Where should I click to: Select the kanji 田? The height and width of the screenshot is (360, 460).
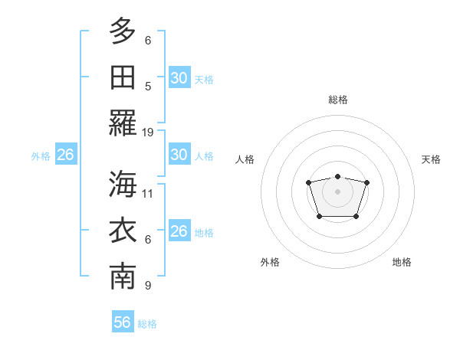(x=123, y=77)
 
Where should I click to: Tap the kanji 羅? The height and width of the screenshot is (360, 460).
(x=123, y=124)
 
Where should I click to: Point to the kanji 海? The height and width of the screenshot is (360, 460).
(x=123, y=185)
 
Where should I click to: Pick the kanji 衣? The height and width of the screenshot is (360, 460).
(x=123, y=231)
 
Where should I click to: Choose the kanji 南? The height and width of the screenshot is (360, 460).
(x=123, y=277)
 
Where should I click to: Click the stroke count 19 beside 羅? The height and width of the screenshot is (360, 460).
(x=148, y=133)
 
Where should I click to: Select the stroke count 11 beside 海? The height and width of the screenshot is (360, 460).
(x=148, y=193)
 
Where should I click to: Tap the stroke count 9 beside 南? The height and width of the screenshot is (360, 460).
(x=148, y=286)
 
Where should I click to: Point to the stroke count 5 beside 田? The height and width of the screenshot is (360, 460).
(x=148, y=86)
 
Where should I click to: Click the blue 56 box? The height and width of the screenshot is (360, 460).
(x=123, y=322)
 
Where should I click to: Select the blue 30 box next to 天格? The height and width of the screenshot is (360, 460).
(x=179, y=78)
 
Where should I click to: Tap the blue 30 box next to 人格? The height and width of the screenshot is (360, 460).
(x=179, y=155)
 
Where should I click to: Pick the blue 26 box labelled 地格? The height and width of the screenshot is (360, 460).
(x=179, y=231)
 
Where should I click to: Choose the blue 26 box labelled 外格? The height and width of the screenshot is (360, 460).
(x=65, y=155)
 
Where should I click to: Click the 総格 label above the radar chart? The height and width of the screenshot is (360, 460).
(x=338, y=100)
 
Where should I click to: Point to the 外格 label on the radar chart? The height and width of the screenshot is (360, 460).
(x=270, y=262)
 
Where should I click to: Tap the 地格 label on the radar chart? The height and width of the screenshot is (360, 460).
(x=402, y=262)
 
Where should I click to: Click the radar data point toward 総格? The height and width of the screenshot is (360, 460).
(x=338, y=177)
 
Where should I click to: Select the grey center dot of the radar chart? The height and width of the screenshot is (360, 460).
(x=338, y=191)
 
